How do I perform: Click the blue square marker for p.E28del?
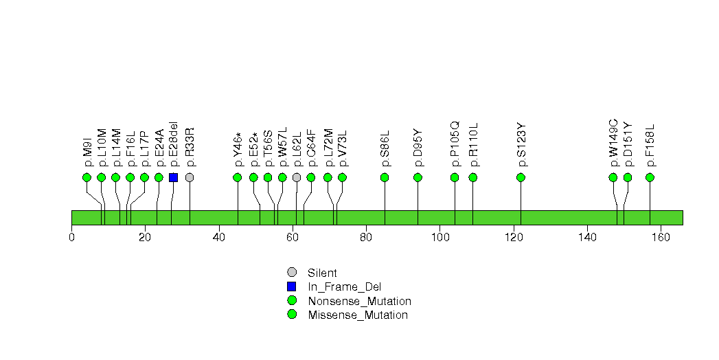pyautogui.click(x=173, y=177)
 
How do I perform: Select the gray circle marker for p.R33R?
pyautogui.click(x=190, y=177)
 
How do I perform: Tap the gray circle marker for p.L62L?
pyautogui.click(x=297, y=177)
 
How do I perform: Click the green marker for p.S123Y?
pyautogui.click(x=521, y=177)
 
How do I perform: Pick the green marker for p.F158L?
pyautogui.click(x=650, y=177)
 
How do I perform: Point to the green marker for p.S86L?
pyautogui.click(x=385, y=177)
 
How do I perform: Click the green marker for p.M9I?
pyautogui.click(x=87, y=177)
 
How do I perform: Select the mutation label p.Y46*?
pyautogui.click(x=238, y=149)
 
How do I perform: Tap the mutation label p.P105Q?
pyautogui.click(x=455, y=144)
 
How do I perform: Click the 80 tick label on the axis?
pyautogui.click(x=366, y=238)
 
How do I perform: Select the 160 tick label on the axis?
pyautogui.click(x=660, y=238)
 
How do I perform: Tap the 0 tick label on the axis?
pyautogui.click(x=72, y=238)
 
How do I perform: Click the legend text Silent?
pyautogui.click(x=323, y=273)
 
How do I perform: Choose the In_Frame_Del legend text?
pyautogui.click(x=344, y=287)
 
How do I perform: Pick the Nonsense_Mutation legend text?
pyautogui.click(x=360, y=301)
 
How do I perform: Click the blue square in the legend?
pyautogui.click(x=292, y=286)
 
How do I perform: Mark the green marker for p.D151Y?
pyautogui.click(x=627, y=177)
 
